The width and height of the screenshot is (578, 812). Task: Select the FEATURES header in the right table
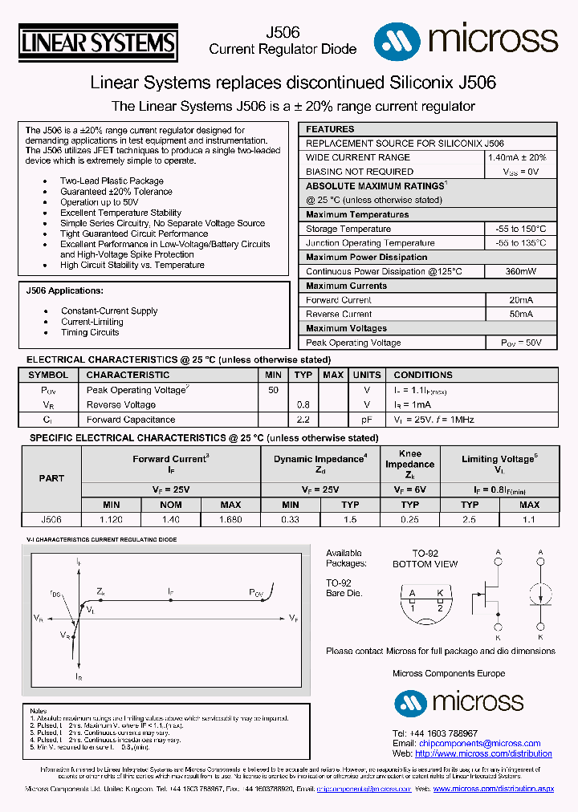[x=330, y=129]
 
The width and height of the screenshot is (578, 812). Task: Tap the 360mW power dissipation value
[x=520, y=271]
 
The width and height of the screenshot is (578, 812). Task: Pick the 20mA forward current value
[x=520, y=300]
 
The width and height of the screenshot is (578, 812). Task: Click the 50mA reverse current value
[x=520, y=315]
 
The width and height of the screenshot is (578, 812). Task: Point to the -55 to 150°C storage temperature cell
[x=520, y=229]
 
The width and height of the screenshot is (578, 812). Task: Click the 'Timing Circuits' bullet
[x=90, y=332]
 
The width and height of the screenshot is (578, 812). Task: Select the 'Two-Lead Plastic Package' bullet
[x=112, y=181]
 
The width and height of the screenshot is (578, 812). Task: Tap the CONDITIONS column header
[x=423, y=375]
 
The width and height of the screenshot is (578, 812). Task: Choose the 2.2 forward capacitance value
[x=303, y=420]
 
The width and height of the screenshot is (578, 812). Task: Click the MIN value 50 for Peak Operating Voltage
[x=273, y=389]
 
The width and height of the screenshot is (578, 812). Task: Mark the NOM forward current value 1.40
[x=170, y=519]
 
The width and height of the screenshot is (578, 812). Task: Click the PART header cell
[x=51, y=477]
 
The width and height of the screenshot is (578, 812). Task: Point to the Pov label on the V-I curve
[x=255, y=592]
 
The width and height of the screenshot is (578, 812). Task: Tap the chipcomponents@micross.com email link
[x=479, y=744]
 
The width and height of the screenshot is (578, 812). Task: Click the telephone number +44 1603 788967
[x=435, y=733]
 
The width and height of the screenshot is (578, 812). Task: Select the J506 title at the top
[x=283, y=33]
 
